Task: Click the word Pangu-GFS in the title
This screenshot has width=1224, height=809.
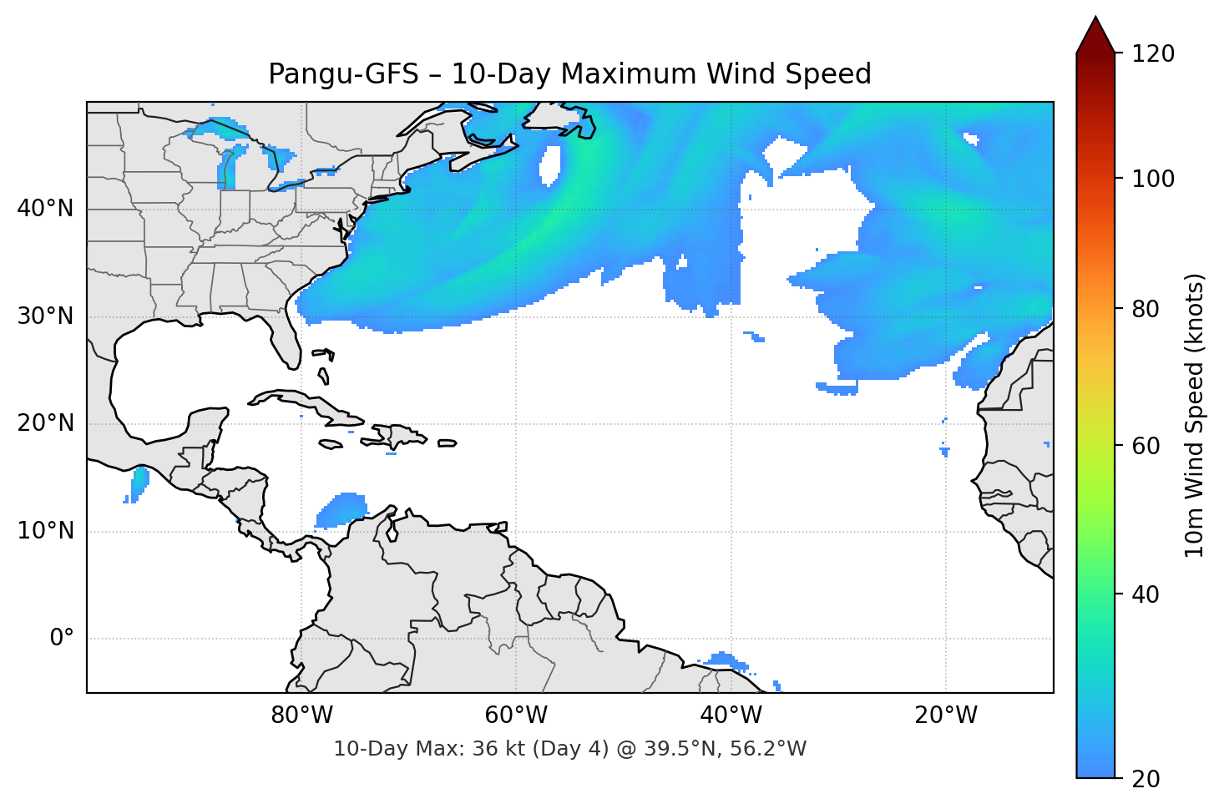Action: (342, 74)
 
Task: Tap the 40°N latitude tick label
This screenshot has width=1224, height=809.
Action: (45, 209)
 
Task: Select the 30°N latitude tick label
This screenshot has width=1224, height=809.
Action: (45, 316)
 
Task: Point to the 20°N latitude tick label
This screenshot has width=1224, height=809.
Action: (45, 423)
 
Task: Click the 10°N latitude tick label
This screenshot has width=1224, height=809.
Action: (45, 531)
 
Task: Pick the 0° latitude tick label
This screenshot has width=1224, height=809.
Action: (62, 639)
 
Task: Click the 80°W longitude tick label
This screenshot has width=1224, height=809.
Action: (301, 715)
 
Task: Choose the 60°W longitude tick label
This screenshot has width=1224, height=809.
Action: (516, 715)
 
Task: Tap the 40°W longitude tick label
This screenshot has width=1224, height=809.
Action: (731, 715)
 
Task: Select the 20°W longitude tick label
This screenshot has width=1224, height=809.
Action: (945, 715)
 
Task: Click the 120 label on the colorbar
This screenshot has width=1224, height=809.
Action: (1153, 54)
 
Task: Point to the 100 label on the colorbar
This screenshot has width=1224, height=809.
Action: (1153, 179)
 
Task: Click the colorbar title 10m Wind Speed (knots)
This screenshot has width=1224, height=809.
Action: (1195, 415)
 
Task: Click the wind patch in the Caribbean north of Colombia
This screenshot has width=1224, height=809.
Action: (342, 509)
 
